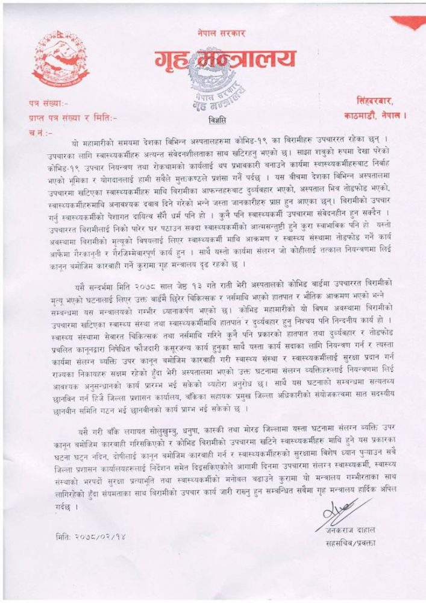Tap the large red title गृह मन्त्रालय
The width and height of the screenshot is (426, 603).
pos(222,60)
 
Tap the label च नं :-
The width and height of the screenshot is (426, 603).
pos(37,130)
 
